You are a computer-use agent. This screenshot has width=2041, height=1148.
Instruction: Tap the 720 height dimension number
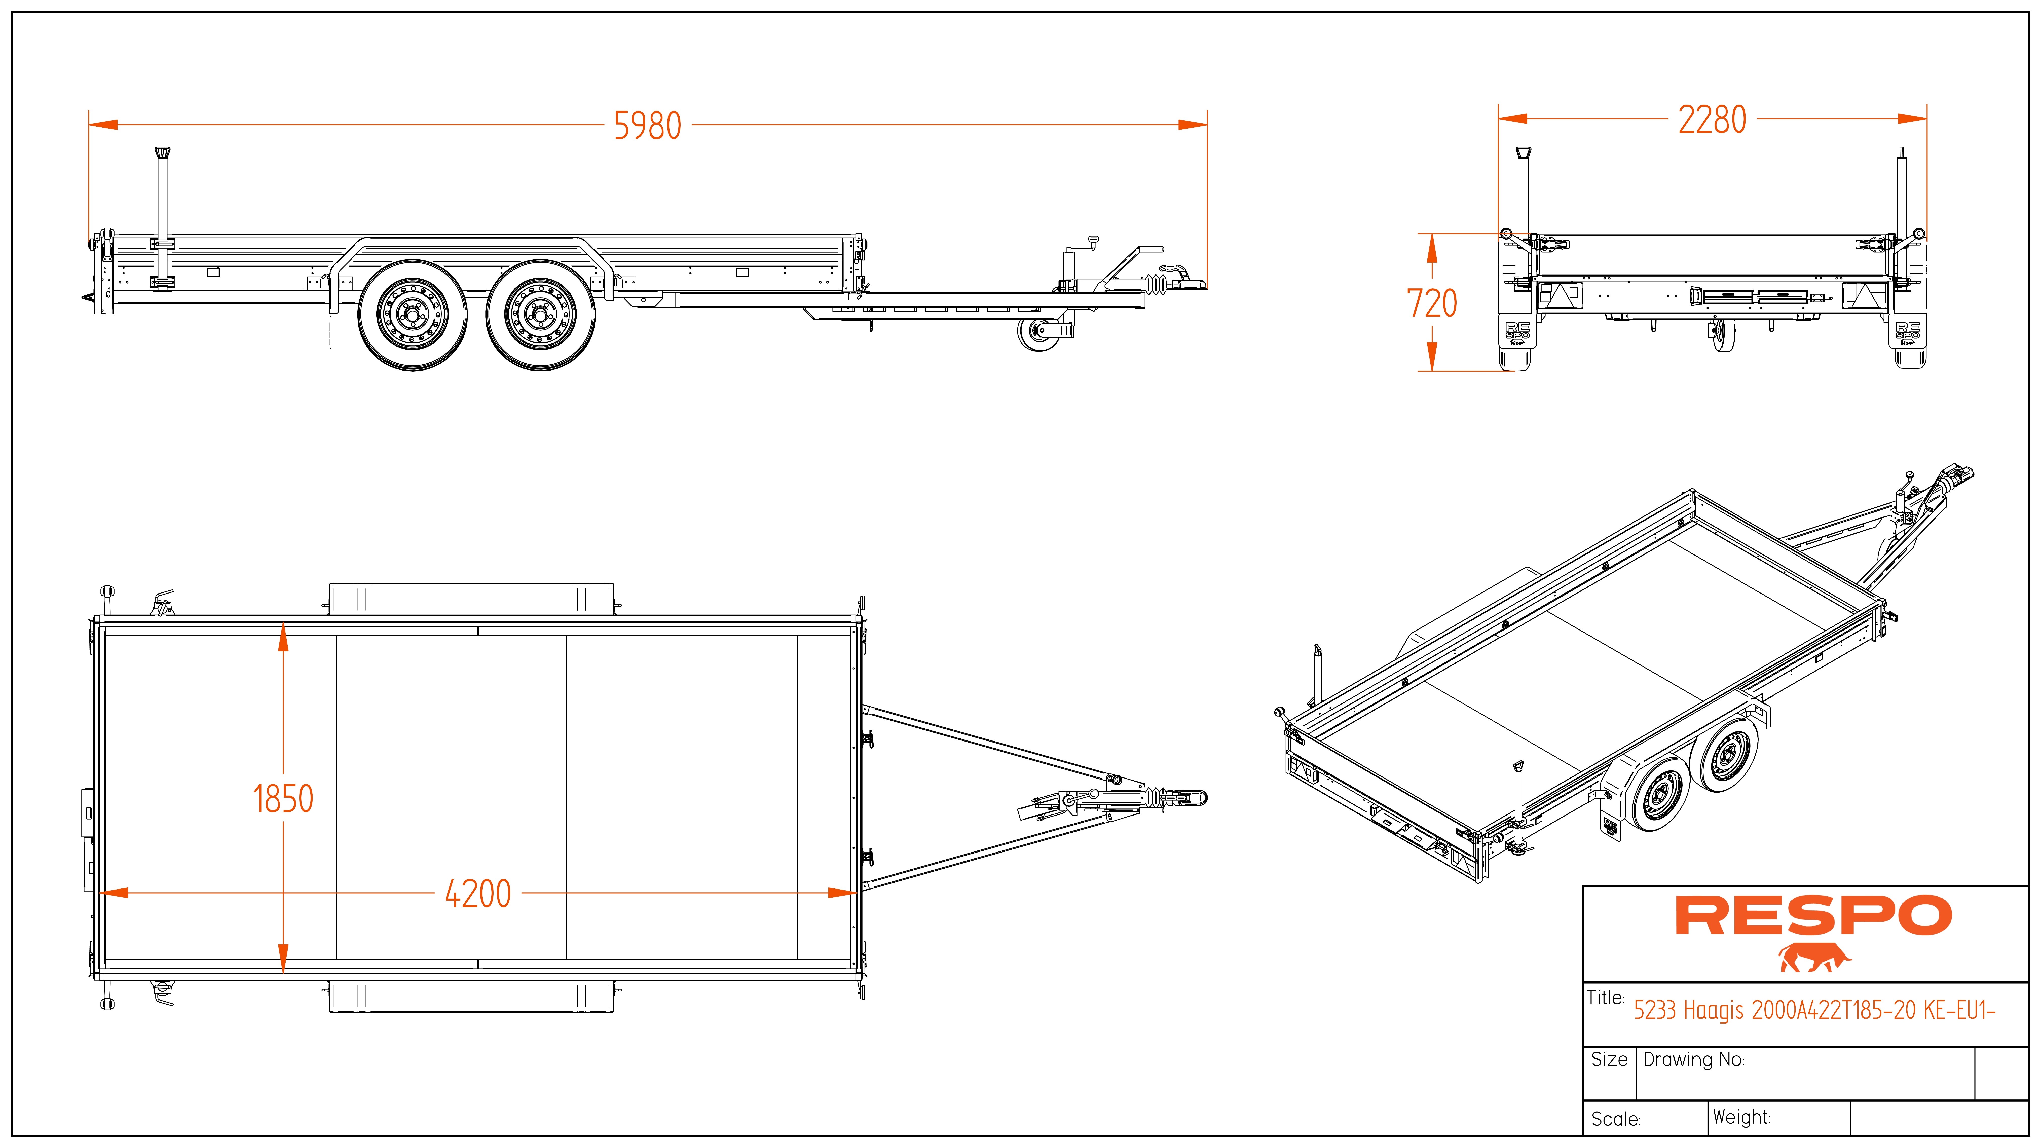[x=1432, y=304]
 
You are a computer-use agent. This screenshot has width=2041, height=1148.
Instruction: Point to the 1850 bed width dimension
[x=283, y=799]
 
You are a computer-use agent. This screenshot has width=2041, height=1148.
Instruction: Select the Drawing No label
[x=1693, y=1060]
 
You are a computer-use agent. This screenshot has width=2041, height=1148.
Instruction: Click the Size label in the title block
[x=1609, y=1060]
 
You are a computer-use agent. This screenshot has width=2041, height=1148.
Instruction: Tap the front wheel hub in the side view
[x=540, y=315]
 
